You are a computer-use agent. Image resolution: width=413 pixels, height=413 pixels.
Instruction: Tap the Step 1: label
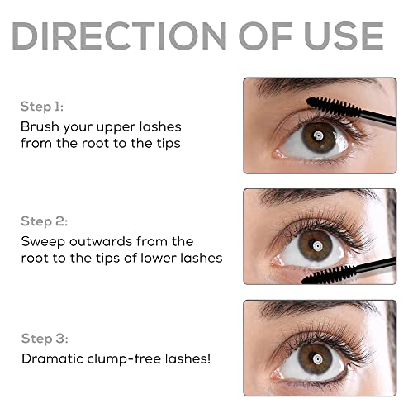tap(41, 107)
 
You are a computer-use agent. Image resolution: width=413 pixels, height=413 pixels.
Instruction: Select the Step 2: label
tap(43, 221)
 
